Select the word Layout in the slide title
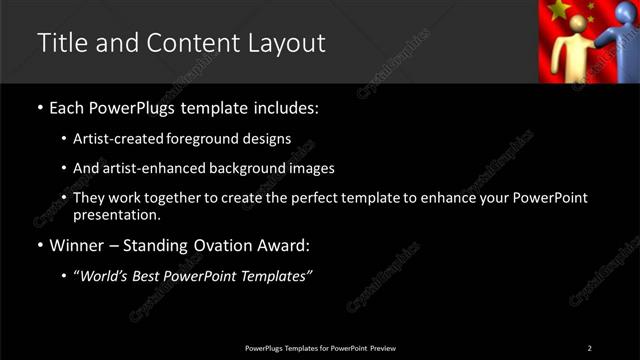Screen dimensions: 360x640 click(288, 43)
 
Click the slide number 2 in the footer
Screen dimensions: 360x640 click(590, 347)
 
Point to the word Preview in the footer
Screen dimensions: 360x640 click(383, 347)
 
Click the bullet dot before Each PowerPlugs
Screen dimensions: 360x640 click(39, 106)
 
